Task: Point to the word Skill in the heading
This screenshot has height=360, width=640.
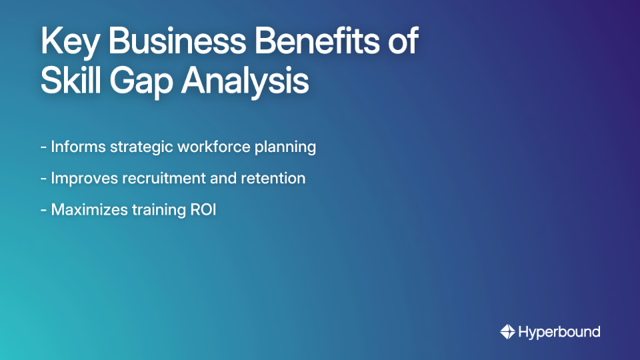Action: [x=67, y=82]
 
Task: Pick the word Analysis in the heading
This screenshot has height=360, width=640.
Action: [x=246, y=82]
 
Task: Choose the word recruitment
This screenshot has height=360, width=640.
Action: [x=164, y=179]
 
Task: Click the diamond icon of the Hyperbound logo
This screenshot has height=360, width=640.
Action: [x=507, y=331]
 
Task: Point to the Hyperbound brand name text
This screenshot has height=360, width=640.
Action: [x=559, y=331]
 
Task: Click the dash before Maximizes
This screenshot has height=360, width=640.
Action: [x=43, y=210]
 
